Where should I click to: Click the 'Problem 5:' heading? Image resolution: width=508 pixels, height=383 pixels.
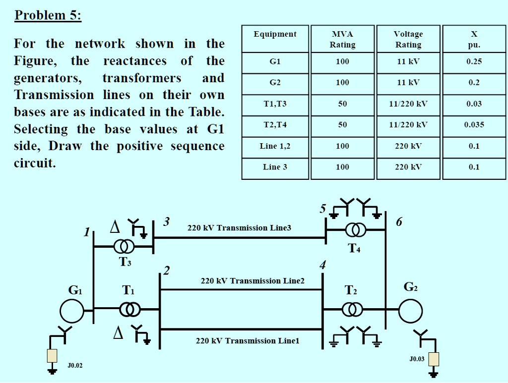click(x=48, y=15)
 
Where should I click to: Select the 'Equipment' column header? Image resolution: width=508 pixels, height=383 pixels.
click(x=275, y=34)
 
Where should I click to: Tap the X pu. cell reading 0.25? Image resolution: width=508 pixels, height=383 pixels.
click(x=474, y=61)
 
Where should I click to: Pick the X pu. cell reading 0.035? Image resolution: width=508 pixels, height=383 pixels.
click(x=474, y=125)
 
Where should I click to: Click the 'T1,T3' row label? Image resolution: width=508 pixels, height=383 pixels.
click(x=275, y=104)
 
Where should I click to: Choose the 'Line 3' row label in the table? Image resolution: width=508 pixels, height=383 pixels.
click(x=275, y=167)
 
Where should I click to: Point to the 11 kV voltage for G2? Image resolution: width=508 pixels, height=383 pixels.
click(x=408, y=82)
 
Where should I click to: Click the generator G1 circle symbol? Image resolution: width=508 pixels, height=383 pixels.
click(x=72, y=311)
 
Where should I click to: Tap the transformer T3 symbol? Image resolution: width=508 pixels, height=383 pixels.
click(x=124, y=246)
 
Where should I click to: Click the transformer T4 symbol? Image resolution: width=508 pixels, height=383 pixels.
click(x=356, y=230)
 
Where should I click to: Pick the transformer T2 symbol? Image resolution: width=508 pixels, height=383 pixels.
click(x=352, y=310)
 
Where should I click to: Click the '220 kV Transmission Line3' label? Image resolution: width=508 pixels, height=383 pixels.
click(x=239, y=228)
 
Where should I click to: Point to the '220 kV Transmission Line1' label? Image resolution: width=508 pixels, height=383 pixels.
click(x=248, y=341)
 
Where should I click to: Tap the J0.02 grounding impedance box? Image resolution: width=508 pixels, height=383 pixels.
click(x=52, y=355)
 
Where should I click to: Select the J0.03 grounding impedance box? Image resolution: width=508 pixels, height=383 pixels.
click(x=434, y=359)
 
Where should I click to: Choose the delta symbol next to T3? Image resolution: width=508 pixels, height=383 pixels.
click(x=115, y=227)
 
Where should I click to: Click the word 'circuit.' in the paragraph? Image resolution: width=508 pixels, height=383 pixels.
click(x=35, y=164)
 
